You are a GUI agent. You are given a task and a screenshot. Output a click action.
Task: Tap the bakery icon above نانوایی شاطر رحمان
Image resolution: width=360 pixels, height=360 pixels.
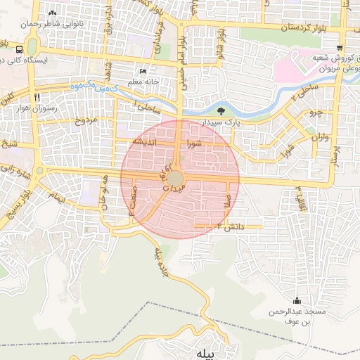52,13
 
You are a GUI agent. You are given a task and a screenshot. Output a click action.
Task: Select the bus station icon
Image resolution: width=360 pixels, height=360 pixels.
18,50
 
